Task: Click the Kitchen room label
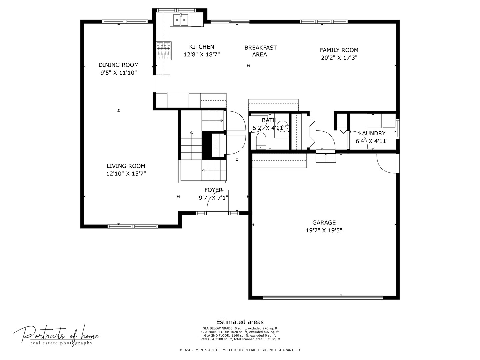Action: [x=202, y=47]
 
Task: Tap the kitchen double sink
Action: [x=180, y=20]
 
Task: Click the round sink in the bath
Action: [x=282, y=127]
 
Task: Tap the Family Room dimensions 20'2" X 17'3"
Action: [x=339, y=58]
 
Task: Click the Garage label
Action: [x=324, y=223]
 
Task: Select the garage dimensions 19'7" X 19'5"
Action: [x=324, y=230]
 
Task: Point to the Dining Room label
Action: [x=118, y=65]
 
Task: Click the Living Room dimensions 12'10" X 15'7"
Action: [x=126, y=174]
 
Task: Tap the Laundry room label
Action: [x=372, y=133]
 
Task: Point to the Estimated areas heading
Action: [x=240, y=322]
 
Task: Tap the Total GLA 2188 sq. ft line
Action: [x=240, y=339]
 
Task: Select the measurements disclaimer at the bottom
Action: [x=240, y=350]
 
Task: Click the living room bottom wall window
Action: [x=133, y=226]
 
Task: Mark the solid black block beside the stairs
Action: [x=207, y=145]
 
